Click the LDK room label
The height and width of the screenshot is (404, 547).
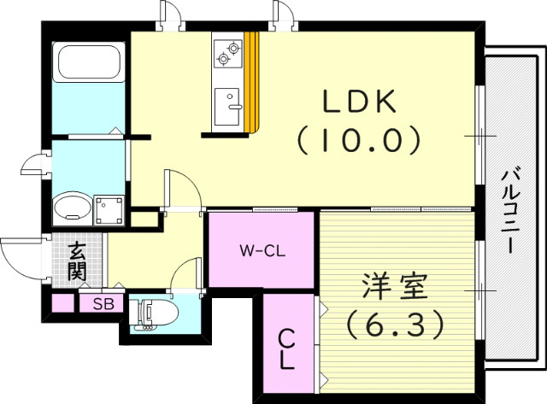click(360, 102)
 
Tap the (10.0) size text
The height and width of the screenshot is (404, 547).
click(360, 138)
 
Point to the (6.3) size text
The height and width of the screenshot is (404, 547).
click(394, 324)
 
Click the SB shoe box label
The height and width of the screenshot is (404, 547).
click(103, 303)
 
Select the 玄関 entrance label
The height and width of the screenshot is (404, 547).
click(77, 261)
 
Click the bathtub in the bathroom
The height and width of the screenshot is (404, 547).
click(86, 62)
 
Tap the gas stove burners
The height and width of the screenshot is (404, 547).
click(228, 54)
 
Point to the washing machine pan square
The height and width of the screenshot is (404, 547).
click(109, 208)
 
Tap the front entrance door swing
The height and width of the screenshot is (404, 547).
click(19, 258)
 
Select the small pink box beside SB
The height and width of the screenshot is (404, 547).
click(62, 303)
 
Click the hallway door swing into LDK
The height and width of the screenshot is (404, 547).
click(182, 189)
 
